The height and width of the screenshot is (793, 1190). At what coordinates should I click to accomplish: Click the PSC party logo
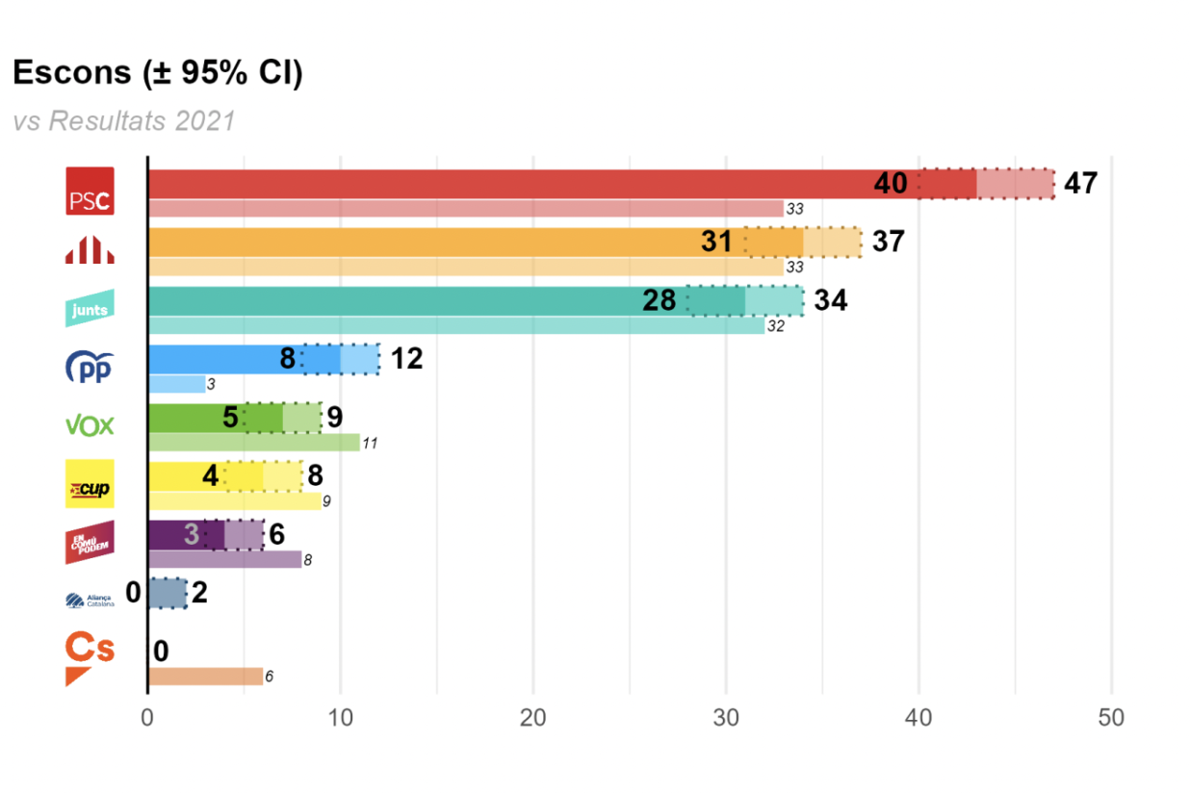[x=90, y=191]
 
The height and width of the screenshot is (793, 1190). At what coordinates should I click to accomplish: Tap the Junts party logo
[x=90, y=309]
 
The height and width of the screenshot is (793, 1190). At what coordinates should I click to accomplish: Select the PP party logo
[x=90, y=368]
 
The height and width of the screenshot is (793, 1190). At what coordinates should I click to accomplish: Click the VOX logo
[x=90, y=425]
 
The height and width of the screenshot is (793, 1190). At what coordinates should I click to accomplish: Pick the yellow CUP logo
[x=90, y=484]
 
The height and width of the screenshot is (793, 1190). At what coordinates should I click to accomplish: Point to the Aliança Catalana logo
[x=90, y=601]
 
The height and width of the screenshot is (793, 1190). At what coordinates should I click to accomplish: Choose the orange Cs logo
[x=90, y=657]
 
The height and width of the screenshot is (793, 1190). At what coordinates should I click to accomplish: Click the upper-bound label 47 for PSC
[x=1080, y=184]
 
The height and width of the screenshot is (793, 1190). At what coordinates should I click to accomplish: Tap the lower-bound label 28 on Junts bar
[x=660, y=301]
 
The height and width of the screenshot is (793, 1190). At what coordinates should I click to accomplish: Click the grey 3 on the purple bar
[x=192, y=534]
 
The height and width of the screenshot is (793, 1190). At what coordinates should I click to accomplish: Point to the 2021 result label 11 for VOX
[x=371, y=444]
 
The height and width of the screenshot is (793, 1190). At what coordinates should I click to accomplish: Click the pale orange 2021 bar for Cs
[x=205, y=677]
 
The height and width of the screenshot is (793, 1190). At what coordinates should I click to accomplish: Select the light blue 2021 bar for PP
[x=177, y=384]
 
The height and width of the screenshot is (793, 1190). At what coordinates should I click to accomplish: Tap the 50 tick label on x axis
[x=1111, y=718]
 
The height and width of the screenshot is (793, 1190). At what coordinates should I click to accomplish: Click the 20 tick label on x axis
[x=532, y=718]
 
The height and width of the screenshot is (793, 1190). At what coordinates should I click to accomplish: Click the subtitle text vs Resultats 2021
[x=124, y=121]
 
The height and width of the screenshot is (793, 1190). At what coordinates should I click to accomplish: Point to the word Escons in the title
[x=70, y=73]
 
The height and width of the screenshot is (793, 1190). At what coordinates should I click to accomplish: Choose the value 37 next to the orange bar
[x=888, y=242]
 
